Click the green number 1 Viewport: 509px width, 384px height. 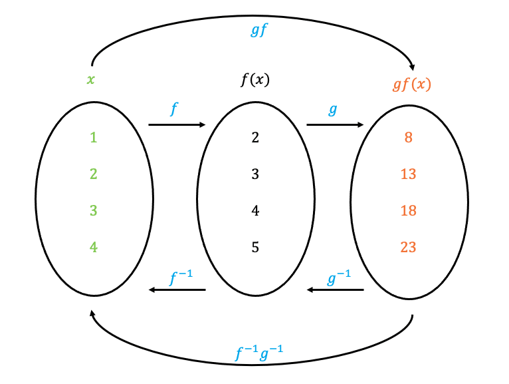pyautogui.click(x=94, y=138)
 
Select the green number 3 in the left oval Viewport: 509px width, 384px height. pyautogui.click(x=94, y=210)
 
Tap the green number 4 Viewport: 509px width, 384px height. pyautogui.click(x=94, y=247)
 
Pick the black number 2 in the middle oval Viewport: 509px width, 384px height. pyautogui.click(x=255, y=138)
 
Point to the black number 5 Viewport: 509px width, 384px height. pyautogui.click(x=255, y=248)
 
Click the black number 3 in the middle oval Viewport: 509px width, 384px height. pyautogui.click(x=255, y=174)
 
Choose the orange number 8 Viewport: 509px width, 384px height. pyautogui.click(x=409, y=138)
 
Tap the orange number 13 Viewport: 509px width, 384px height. pyautogui.click(x=409, y=174)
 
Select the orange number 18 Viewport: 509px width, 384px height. pyautogui.click(x=409, y=210)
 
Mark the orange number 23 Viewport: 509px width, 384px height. pyautogui.click(x=409, y=248)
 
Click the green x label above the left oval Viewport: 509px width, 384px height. pyautogui.click(x=90, y=80)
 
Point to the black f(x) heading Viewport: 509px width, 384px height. pyautogui.click(x=255, y=81)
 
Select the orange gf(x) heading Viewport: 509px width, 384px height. pyautogui.click(x=412, y=85)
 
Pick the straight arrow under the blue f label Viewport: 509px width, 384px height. pyautogui.click(x=177, y=124)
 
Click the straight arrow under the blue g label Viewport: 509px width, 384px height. pyautogui.click(x=335, y=124)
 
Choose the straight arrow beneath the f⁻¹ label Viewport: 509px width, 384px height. pyautogui.click(x=177, y=290)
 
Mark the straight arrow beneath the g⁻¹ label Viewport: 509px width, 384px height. pyautogui.click(x=335, y=290)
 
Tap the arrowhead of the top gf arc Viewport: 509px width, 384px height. pyautogui.click(x=413, y=67)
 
